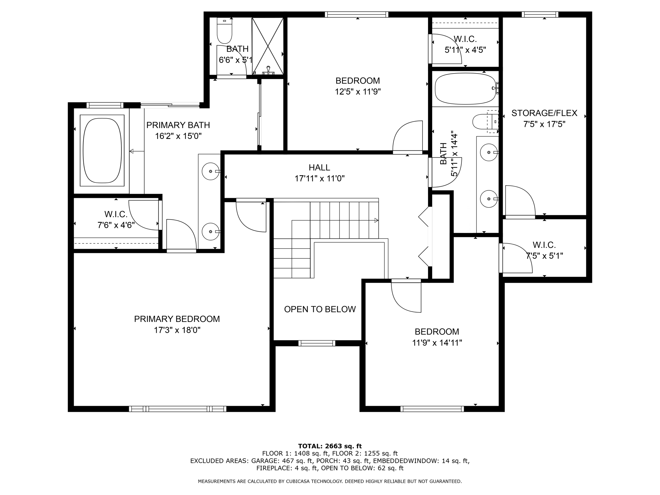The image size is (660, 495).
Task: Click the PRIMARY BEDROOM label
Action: pos(177,319)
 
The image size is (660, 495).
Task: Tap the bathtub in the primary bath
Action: pos(102,150)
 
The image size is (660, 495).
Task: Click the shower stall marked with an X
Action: pos(267,45)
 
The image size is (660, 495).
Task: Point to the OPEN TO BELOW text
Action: pos(320,309)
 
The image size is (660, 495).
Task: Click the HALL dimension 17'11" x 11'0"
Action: pos(319,179)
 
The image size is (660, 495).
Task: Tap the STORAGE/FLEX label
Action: pos(544,113)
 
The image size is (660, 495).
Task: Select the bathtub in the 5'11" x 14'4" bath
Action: pos(465,89)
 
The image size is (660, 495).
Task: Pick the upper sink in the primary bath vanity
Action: pos(210,171)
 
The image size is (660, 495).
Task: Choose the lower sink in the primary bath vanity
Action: pos(210,231)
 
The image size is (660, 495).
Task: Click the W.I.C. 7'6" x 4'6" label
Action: pos(116,219)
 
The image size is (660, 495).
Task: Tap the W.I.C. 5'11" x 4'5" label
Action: pos(465,44)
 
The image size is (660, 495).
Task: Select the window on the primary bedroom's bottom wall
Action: pos(178,409)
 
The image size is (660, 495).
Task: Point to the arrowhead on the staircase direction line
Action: pos(376,220)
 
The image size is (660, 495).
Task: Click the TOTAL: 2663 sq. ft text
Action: pos(330,446)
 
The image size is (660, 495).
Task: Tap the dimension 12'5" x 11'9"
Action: pos(357,92)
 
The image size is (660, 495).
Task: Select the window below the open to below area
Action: pos(317,343)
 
